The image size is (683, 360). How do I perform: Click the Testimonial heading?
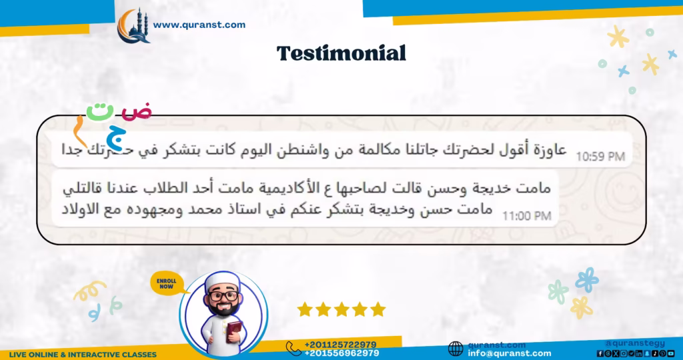pyautogui.click(x=341, y=53)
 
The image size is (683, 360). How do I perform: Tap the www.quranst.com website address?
pyautogui.click(x=199, y=25)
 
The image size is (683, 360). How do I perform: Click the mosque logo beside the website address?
pyautogui.click(x=133, y=25)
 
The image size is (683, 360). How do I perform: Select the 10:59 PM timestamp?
pyautogui.click(x=600, y=157)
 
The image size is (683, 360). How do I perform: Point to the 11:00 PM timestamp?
pyautogui.click(x=526, y=215)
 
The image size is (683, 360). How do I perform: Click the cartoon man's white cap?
pyautogui.click(x=223, y=283)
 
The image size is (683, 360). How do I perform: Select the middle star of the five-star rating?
pyautogui.click(x=341, y=309)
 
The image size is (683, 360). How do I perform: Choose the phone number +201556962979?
pyautogui.click(x=341, y=353)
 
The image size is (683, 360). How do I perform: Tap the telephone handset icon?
pyautogui.click(x=293, y=348)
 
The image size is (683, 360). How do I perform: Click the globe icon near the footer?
pyautogui.click(x=456, y=349)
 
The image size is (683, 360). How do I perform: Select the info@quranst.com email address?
pyautogui.click(x=510, y=353)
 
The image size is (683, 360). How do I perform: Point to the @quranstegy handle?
pyautogui.click(x=640, y=343)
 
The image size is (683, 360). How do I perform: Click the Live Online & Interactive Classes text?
pyautogui.click(x=83, y=354)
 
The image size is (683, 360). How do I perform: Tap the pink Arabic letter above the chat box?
pyautogui.click(x=138, y=111)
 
